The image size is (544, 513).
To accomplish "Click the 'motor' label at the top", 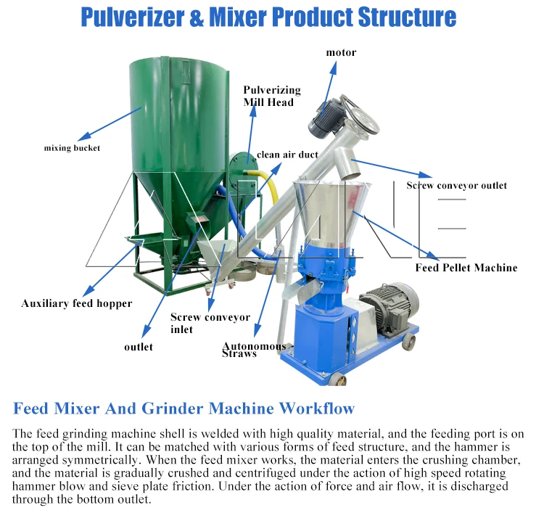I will coord(341,52).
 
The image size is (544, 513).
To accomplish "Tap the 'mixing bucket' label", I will coord(72,148).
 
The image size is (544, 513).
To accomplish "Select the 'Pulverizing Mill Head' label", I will coord(272,96).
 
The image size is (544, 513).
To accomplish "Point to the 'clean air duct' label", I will coord(287,155).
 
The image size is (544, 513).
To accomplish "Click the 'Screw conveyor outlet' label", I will coord(456,185).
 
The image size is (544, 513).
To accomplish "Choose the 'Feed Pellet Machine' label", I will coord(466,268).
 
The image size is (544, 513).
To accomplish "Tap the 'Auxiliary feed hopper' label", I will coord(77,303).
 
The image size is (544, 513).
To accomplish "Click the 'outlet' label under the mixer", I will coord(138,347).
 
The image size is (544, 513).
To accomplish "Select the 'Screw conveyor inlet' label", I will coord(210,323).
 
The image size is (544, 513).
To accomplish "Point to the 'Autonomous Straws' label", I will coord(254,350).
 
